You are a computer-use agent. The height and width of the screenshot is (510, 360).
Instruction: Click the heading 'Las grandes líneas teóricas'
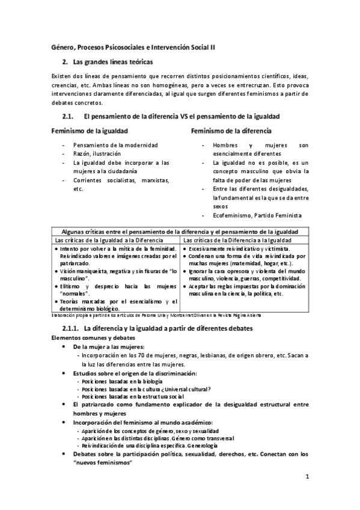(x=112, y=62)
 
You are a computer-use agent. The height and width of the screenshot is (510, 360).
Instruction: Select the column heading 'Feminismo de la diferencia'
(x=231, y=131)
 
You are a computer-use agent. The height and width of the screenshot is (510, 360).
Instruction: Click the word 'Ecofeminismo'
(x=233, y=215)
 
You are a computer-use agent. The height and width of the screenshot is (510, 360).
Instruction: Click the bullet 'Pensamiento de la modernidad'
(x=115, y=146)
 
